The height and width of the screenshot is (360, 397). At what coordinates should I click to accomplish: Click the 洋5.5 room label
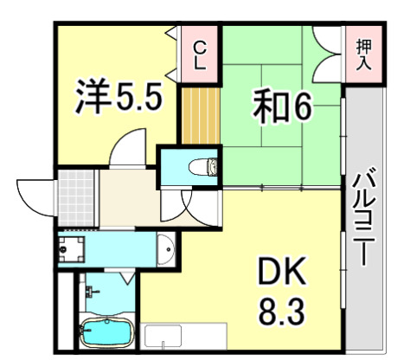[118, 97]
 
